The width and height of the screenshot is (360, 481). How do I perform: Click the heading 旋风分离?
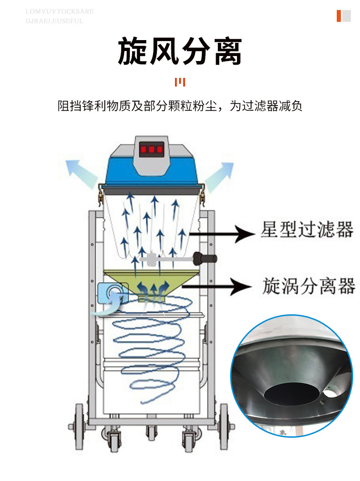180,51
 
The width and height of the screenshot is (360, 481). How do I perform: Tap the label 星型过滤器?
307,230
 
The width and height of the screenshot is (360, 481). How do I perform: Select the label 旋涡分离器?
309,287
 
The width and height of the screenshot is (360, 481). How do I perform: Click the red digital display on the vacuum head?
151,149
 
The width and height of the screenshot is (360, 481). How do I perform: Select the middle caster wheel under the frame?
150,433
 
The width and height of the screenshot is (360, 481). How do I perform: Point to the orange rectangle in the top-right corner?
339,16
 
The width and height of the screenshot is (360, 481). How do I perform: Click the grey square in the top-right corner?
346,16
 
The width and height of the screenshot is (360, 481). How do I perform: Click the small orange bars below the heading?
180,82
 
